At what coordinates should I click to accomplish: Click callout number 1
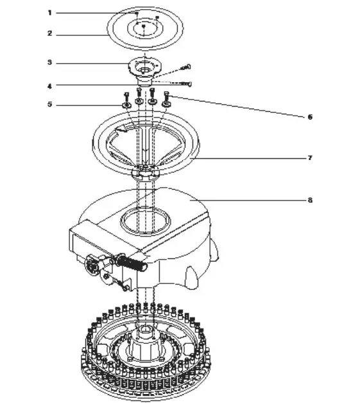pyautogui.click(x=49, y=12)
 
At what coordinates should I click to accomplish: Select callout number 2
pyautogui.click(x=49, y=33)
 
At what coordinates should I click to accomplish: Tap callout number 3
pyautogui.click(x=49, y=62)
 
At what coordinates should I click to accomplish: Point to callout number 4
pyautogui.click(x=49, y=85)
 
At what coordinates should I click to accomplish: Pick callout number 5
pyautogui.click(x=49, y=105)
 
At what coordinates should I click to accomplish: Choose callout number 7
pyautogui.click(x=309, y=157)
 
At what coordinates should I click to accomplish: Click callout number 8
pyautogui.click(x=309, y=200)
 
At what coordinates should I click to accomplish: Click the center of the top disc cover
pyautogui.click(x=144, y=26)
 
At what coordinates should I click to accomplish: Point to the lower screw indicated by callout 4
pyautogui.click(x=187, y=84)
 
